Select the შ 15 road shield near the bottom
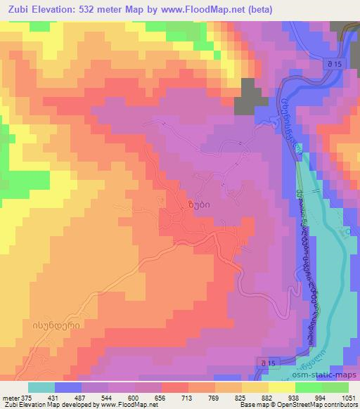point(263,361)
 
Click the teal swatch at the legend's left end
point(41,387)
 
